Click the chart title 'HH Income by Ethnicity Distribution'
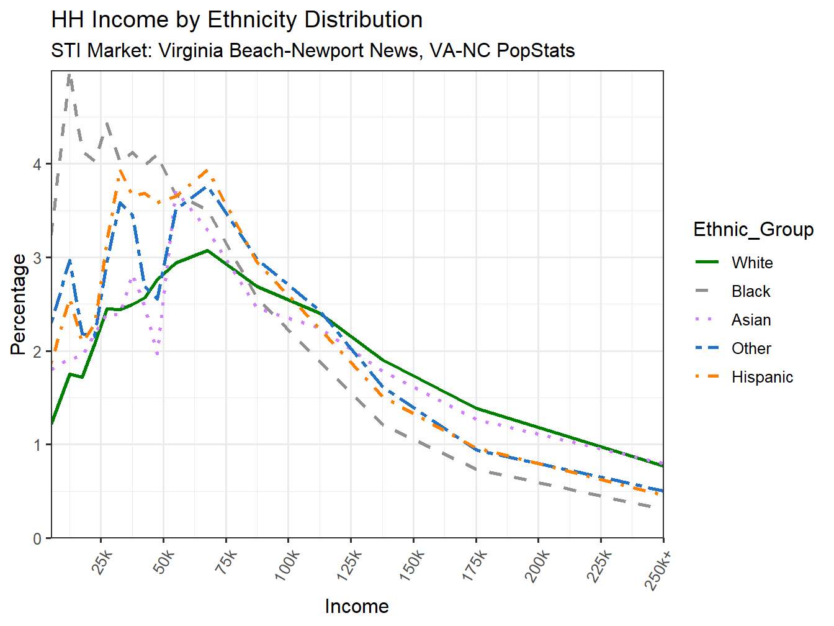point(236,20)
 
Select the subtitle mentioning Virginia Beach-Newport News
point(313,50)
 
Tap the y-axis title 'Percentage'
point(19,304)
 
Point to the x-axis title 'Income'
point(357,606)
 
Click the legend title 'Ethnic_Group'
point(753,230)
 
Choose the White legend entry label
point(752,263)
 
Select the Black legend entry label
point(751,291)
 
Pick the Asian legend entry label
point(751,320)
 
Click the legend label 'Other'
point(751,348)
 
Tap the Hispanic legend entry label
point(762,377)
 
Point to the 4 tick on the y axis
point(38,165)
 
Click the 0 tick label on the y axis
point(38,538)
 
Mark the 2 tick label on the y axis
point(38,352)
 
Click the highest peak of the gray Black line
point(69,75)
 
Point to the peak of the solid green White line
point(207,251)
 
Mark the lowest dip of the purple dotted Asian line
point(158,354)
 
